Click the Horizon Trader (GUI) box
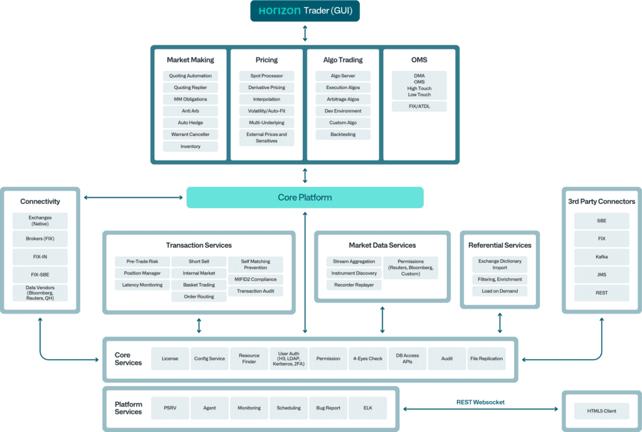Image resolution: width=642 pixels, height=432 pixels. (x=305, y=11)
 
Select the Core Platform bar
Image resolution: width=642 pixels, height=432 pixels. (x=305, y=198)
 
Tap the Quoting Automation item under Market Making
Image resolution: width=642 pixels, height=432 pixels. (x=191, y=76)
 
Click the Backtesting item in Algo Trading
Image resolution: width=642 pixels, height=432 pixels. (x=343, y=135)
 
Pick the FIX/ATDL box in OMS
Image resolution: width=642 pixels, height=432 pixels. (x=419, y=107)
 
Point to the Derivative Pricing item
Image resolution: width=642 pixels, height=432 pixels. (x=266, y=88)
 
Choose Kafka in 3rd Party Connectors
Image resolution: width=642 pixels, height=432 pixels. (x=601, y=256)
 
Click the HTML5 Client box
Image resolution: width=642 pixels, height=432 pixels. (x=601, y=411)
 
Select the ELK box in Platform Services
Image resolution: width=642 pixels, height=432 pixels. (x=367, y=408)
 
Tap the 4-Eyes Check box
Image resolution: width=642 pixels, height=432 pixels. (x=367, y=359)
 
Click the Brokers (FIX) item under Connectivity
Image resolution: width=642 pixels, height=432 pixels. (x=40, y=239)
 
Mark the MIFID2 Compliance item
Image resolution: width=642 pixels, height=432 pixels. (x=255, y=280)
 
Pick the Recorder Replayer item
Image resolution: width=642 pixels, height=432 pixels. (x=354, y=285)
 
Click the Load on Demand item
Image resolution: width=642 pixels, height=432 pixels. (x=500, y=292)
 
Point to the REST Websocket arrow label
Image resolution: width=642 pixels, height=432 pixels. (x=480, y=402)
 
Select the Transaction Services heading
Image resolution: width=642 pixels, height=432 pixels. (x=199, y=245)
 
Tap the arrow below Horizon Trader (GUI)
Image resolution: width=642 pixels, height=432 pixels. (x=305, y=33)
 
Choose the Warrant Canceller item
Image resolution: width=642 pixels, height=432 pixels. (x=191, y=135)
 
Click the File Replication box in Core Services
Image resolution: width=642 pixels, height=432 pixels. (x=487, y=359)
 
